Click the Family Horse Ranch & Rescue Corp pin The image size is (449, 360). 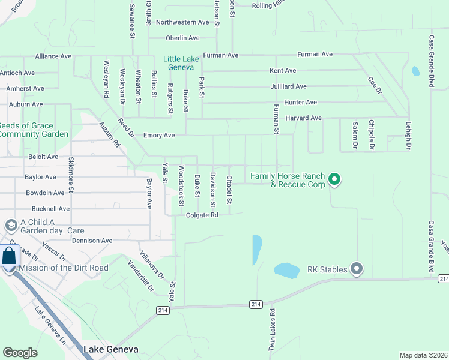pos(334,179)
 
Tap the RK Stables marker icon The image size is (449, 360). pos(357,269)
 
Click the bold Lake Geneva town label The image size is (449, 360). pos(111,349)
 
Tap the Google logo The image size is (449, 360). pos(20,353)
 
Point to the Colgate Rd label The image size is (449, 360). pos(202,215)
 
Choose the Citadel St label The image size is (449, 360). pos(229,189)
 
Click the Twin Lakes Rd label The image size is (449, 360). pos(271,330)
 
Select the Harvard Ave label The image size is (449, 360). pos(303,118)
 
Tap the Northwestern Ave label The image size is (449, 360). pos(182,22)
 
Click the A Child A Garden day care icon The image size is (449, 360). pos(10,226)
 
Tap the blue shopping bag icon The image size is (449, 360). pos(10,257)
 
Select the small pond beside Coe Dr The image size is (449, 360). pos(415,71)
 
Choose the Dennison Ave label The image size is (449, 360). pos(92,241)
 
